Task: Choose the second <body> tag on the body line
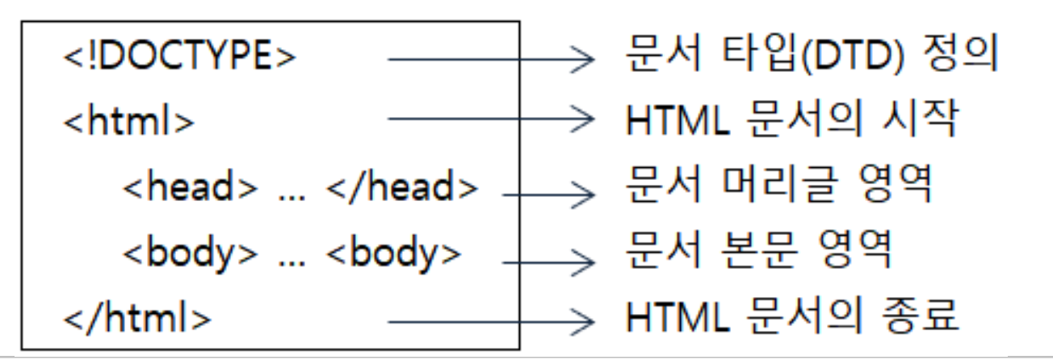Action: click(x=394, y=254)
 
